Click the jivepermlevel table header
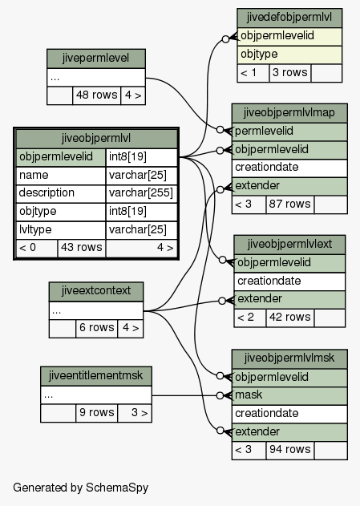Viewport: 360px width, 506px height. tap(95, 59)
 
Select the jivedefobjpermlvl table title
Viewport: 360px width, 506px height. tap(289, 18)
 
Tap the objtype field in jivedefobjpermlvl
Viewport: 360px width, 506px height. tap(289, 55)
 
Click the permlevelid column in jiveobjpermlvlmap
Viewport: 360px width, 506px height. tap(289, 132)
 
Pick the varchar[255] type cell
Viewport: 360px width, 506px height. tap(141, 193)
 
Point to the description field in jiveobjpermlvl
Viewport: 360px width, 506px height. tap(61, 193)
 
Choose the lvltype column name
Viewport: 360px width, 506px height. tap(61, 229)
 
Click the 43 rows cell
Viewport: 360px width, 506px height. tap(82, 248)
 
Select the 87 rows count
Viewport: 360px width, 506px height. tap(289, 204)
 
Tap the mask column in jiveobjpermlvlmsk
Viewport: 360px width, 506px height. tap(289, 395)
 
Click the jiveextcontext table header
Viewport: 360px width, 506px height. tap(96, 291)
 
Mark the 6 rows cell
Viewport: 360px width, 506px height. tap(97, 328)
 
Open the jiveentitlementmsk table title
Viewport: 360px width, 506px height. tap(96, 375)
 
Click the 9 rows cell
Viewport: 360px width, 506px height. tap(97, 412)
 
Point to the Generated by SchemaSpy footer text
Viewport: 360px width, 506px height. tap(81, 488)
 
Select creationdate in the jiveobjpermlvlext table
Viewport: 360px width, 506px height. tap(289, 281)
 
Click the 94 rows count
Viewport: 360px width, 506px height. tap(289, 450)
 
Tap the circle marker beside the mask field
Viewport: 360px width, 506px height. tap(220, 395)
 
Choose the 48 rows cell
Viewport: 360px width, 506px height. tap(97, 95)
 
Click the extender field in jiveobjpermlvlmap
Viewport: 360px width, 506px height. tap(289, 186)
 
